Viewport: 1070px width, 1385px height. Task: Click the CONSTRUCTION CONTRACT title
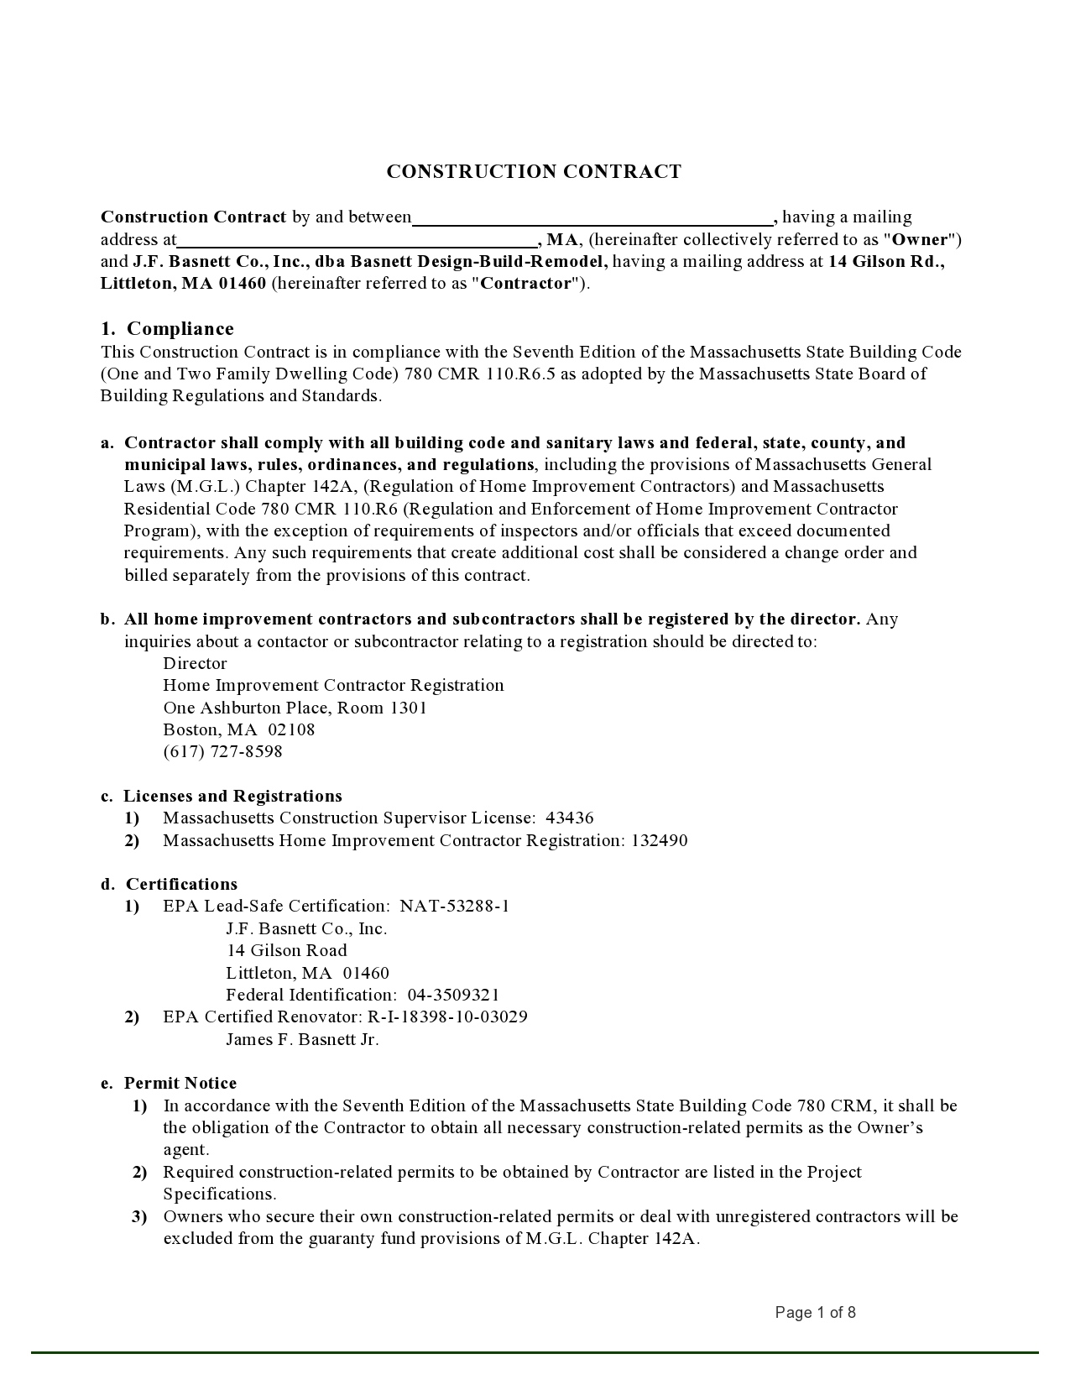[x=534, y=172]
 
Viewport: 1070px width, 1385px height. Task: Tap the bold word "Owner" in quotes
[x=920, y=240]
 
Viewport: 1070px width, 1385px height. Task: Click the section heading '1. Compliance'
[x=167, y=329]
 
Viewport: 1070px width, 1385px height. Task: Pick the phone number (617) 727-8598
[x=222, y=752]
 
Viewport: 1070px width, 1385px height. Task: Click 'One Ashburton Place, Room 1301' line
[x=295, y=708]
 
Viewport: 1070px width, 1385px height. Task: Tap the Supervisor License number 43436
[x=570, y=818]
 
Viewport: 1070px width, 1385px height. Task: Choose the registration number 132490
[x=660, y=841]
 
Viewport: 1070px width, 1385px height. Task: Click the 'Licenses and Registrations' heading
[x=232, y=797]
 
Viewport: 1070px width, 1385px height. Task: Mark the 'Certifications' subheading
[x=181, y=885]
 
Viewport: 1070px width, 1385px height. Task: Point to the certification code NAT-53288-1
[x=455, y=907]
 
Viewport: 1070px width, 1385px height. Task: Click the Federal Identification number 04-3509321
[x=453, y=996]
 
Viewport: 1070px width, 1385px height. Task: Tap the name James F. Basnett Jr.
[x=302, y=1040]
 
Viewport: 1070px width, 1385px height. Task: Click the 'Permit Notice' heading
[x=180, y=1084]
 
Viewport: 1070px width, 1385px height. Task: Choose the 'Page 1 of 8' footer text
[x=815, y=1313]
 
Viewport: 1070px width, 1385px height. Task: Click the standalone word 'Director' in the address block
[x=195, y=664]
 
